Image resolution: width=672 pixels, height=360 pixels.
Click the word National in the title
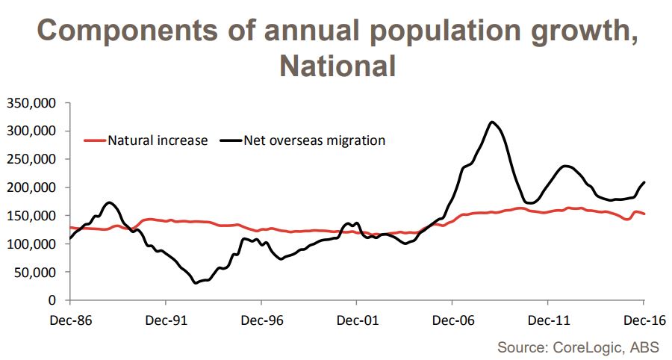[x=337, y=66]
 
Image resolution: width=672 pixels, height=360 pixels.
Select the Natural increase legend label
[x=158, y=140]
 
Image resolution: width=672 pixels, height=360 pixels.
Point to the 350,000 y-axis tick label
[x=34, y=103]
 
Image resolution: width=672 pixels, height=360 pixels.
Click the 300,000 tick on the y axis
[x=34, y=131]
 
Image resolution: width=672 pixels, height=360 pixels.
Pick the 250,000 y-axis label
[x=34, y=160]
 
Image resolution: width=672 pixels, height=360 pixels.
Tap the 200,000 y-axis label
[x=34, y=187]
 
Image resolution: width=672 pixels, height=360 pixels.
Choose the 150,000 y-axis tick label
[x=34, y=216]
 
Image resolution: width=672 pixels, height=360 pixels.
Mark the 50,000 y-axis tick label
[x=37, y=273]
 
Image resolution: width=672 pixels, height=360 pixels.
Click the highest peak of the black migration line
[x=491, y=122]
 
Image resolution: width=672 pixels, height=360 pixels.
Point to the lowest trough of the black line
[x=196, y=282]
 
